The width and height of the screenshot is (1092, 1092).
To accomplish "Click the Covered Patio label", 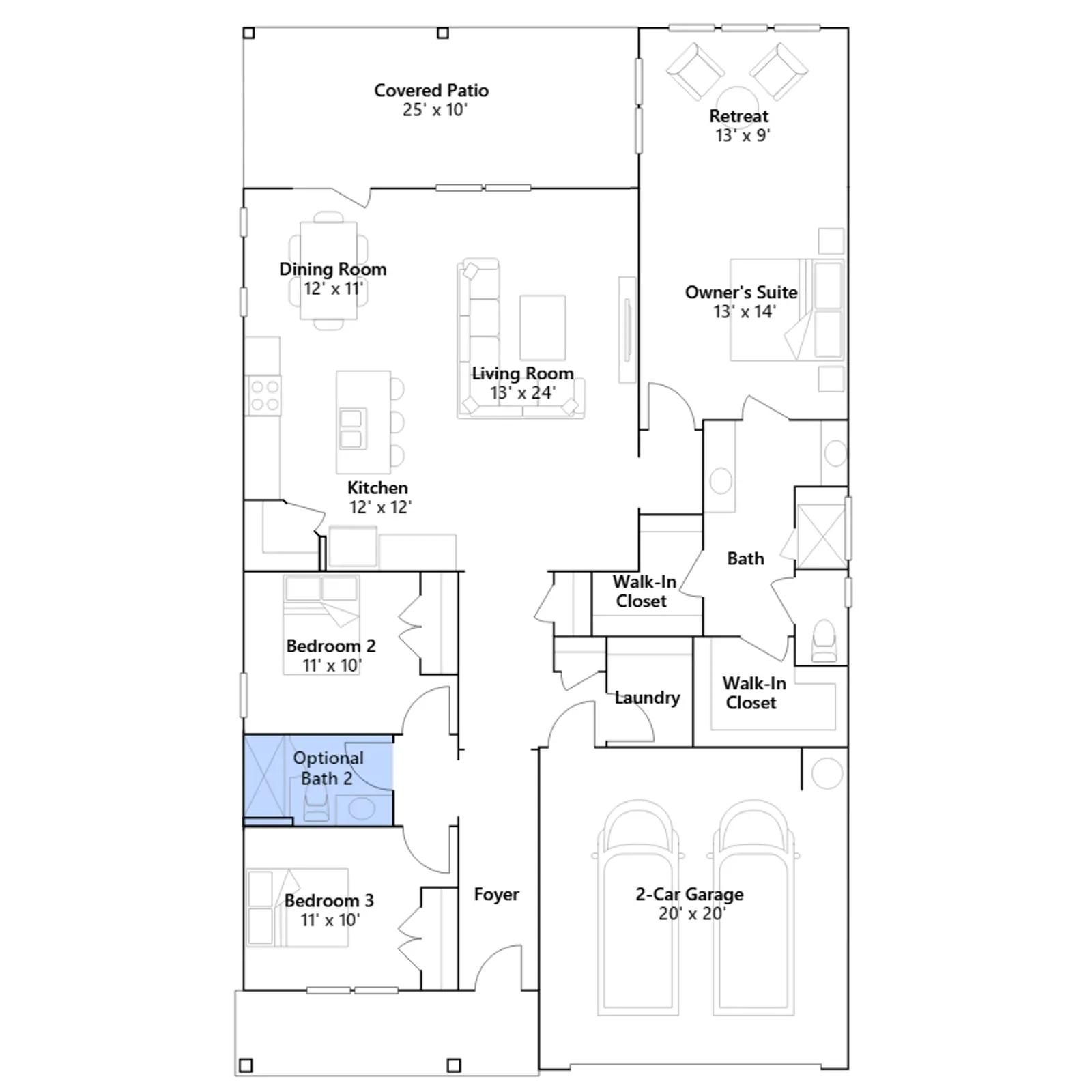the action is click(431, 90).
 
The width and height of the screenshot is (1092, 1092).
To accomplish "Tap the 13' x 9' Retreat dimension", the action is click(743, 135).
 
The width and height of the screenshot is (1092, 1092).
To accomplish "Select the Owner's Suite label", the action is click(741, 292).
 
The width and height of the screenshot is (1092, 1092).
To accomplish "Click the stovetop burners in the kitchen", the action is click(263, 396).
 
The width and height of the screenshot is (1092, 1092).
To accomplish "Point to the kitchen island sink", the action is click(351, 429).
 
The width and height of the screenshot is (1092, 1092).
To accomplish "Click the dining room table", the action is click(329, 270).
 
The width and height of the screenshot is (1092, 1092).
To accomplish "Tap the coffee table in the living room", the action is click(543, 328).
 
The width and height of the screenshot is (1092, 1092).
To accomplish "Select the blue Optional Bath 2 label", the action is click(328, 768).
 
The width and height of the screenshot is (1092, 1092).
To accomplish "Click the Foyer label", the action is click(496, 894).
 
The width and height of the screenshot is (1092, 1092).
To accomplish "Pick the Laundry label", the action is click(647, 698).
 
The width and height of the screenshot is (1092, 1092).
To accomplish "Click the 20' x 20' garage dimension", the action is click(692, 913).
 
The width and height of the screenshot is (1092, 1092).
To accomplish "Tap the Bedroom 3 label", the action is click(329, 900).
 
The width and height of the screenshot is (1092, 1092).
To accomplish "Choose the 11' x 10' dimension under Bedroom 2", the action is click(332, 665).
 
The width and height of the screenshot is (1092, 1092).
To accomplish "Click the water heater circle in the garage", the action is click(827, 773).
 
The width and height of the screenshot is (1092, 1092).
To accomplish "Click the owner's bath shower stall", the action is click(821, 536).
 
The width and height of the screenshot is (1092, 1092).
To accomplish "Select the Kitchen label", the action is click(377, 488).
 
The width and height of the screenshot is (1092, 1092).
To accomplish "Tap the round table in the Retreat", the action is click(736, 99).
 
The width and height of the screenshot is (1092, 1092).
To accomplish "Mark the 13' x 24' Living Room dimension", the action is click(523, 392).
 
